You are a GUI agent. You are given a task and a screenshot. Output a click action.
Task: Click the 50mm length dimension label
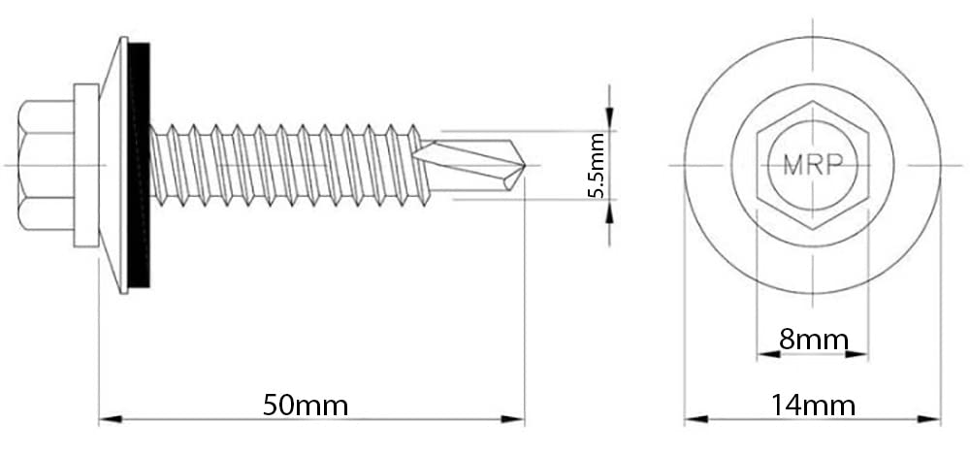click(306, 406)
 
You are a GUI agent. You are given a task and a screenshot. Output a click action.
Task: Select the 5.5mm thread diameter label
click(596, 165)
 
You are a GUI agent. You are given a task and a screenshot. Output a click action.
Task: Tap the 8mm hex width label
click(814, 340)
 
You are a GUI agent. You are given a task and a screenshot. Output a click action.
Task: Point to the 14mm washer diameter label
click(813, 406)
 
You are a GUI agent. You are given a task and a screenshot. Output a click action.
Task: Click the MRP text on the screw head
click(813, 165)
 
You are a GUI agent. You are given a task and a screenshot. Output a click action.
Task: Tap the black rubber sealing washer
click(139, 165)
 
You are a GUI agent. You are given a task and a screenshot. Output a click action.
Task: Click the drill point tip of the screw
click(525, 165)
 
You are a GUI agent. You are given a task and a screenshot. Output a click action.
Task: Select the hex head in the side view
click(47, 165)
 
